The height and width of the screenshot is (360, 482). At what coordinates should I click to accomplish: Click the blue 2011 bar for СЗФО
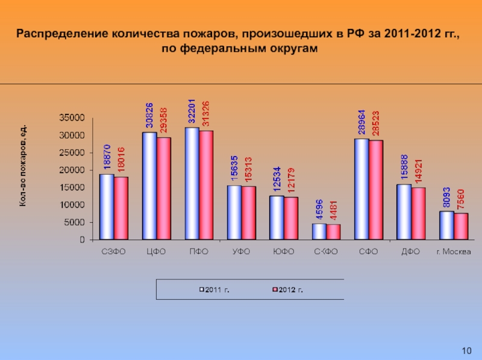[107, 206]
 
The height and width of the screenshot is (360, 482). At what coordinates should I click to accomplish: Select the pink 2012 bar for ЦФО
[164, 188]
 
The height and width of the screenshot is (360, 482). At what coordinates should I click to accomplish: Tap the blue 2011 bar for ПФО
[192, 184]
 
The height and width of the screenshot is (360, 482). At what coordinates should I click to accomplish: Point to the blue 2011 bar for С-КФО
[319, 232]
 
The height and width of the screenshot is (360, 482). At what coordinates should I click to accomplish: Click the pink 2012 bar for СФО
[376, 190]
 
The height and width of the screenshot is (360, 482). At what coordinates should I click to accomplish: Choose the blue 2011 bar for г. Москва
[446, 225]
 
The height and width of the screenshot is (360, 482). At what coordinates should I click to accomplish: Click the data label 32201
[192, 110]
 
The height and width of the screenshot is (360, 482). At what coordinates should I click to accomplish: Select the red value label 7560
[462, 199]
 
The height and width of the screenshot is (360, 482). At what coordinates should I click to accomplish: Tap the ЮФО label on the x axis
[283, 253]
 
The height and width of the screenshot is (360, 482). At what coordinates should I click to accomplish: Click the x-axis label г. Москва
[453, 253]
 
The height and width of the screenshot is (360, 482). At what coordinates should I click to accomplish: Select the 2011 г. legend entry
[217, 290]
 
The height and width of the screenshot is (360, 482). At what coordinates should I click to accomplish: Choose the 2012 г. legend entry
[289, 290]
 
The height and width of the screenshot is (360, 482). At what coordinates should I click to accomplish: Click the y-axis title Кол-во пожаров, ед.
[23, 169]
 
